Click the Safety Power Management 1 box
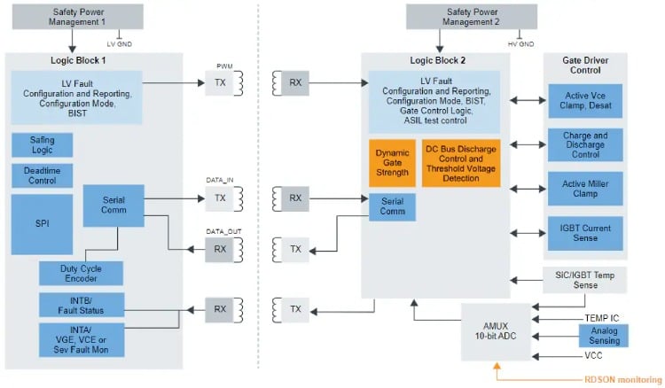pyautogui.click(x=67, y=16)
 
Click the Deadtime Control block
pyautogui.click(x=42, y=175)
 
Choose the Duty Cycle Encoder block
pyautogui.click(x=80, y=273)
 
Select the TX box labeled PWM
pyautogui.click(x=220, y=83)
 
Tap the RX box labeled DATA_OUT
pyautogui.click(x=220, y=250)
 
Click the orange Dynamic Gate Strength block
pyautogui.click(x=392, y=163)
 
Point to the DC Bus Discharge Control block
pyautogui.click(x=460, y=163)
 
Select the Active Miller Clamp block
pyautogui.click(x=585, y=187)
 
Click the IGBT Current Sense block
pyautogui.click(x=585, y=233)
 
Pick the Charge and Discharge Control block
pyautogui.click(x=585, y=145)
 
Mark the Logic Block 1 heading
pyautogui.click(x=92, y=61)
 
